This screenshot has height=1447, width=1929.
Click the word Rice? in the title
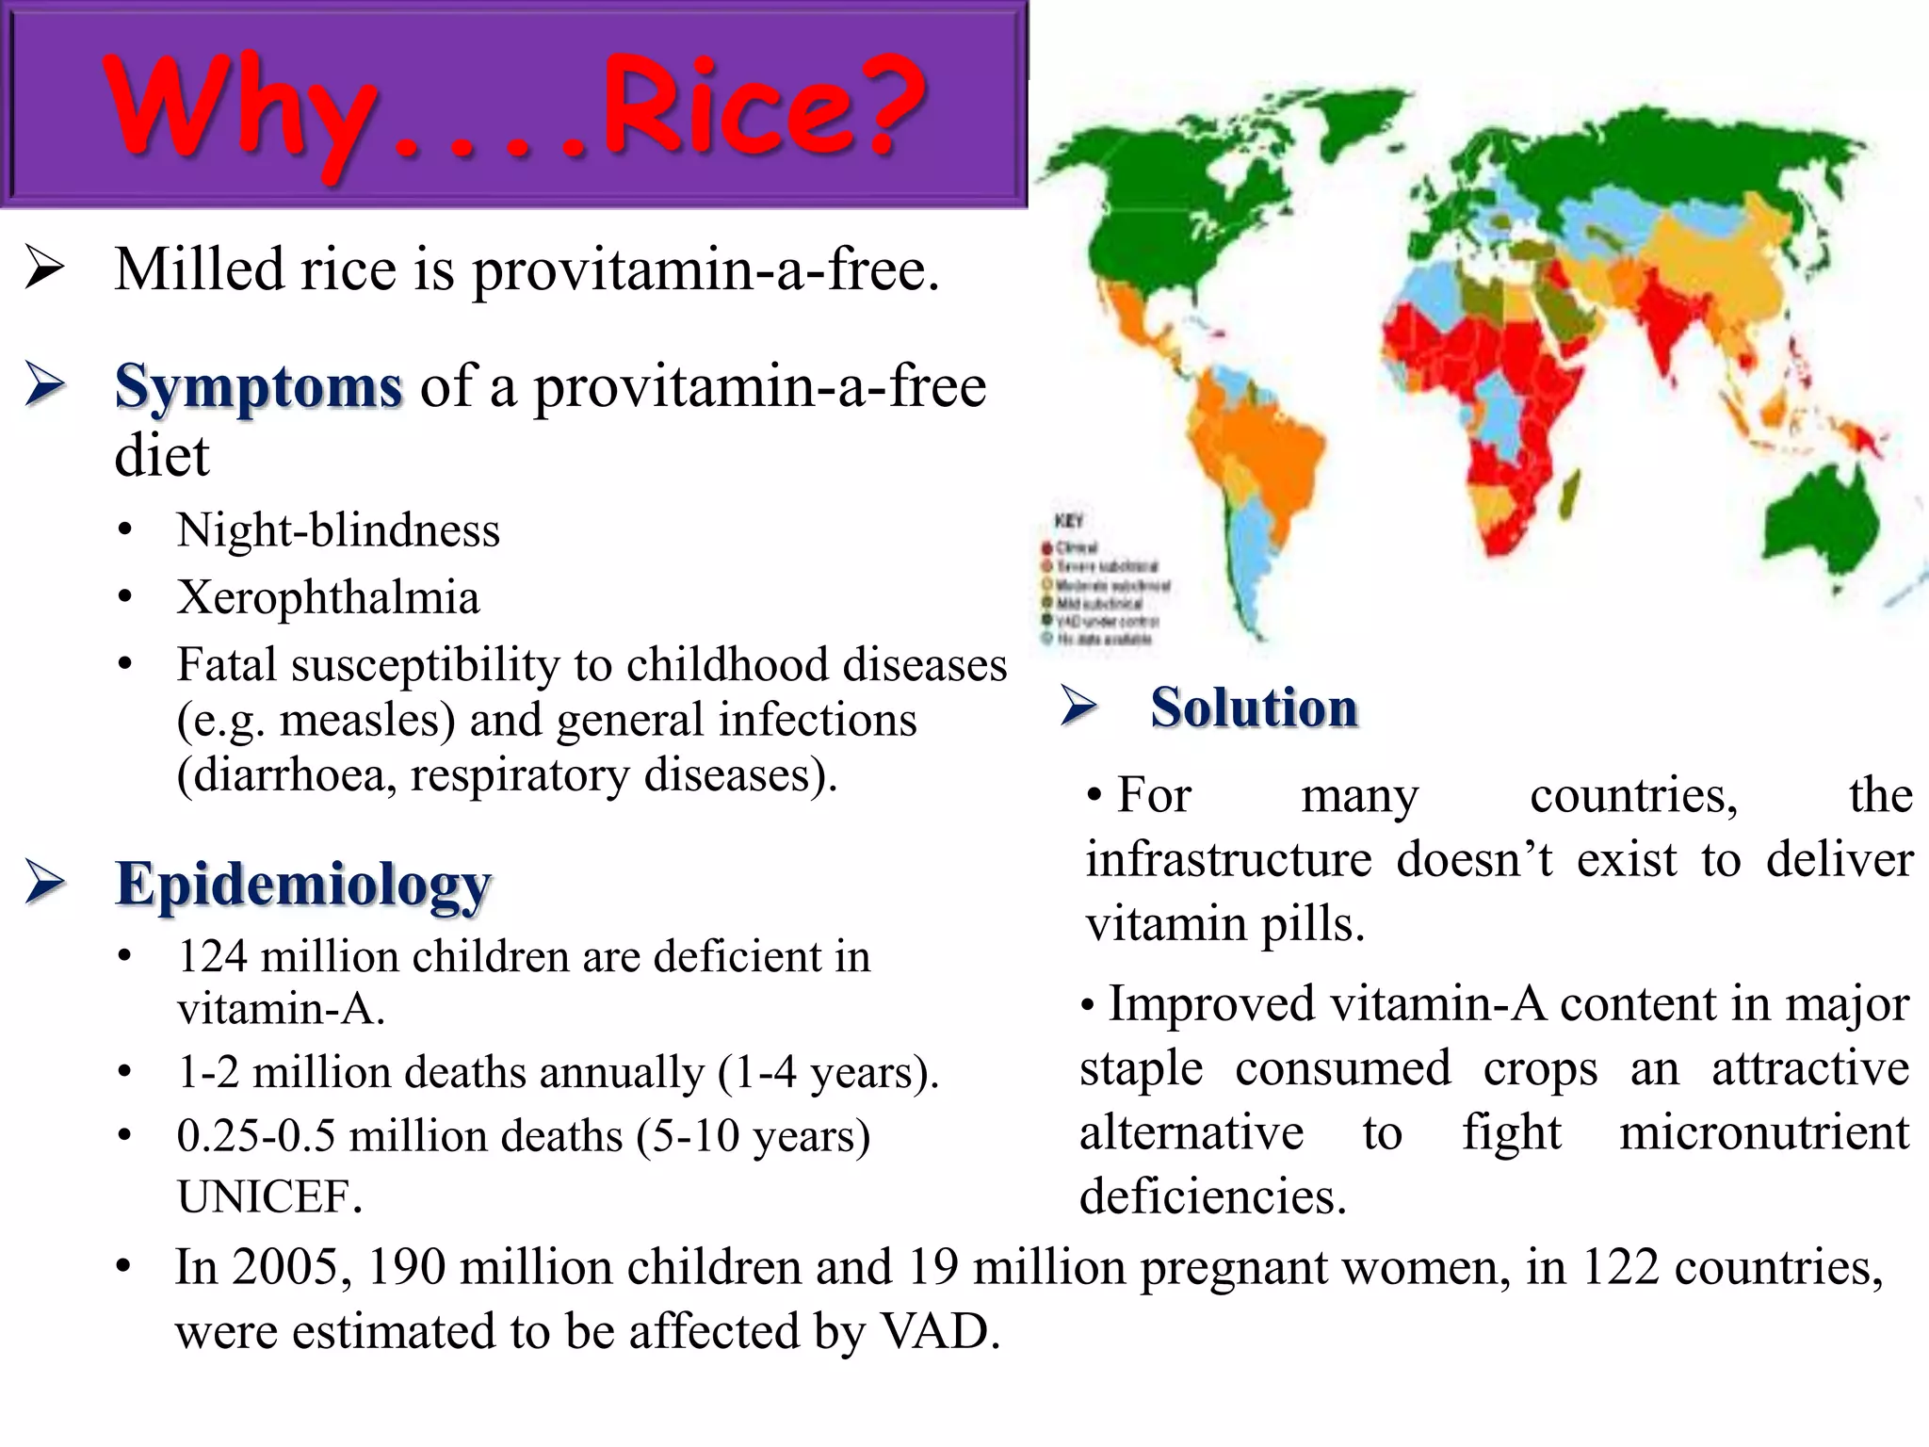(763, 106)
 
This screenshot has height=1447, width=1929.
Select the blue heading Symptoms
(258, 386)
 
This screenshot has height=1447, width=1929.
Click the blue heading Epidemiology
(303, 885)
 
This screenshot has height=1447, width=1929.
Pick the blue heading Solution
(1254, 707)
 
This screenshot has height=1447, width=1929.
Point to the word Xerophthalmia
(328, 597)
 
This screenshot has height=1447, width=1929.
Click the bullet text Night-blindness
(338, 530)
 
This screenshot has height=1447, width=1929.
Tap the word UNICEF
(269, 1197)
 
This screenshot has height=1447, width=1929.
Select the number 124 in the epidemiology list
(212, 956)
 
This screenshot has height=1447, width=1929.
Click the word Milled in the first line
(199, 270)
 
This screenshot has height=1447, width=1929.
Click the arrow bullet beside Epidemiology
(44, 883)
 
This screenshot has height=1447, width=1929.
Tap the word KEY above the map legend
(1069, 521)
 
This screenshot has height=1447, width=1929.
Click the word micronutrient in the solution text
(1763, 1132)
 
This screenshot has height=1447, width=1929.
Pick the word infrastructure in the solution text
(1227, 860)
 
